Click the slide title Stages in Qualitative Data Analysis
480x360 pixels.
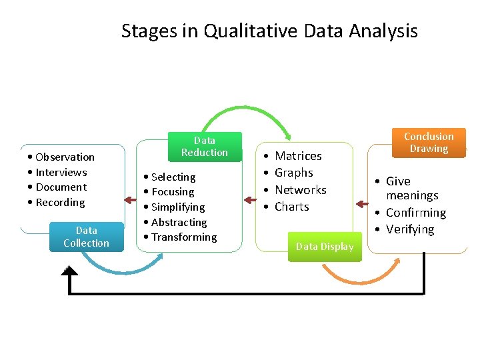click(x=269, y=31)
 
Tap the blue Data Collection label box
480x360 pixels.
click(x=86, y=237)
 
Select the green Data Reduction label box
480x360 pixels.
click(x=204, y=147)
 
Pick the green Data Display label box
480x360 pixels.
click(x=325, y=247)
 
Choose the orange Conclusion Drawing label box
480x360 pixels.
click(x=429, y=143)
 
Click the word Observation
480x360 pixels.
click(x=65, y=157)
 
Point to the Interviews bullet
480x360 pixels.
click(x=61, y=172)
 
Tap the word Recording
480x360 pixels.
click(x=60, y=203)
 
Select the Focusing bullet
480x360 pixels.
click(x=173, y=192)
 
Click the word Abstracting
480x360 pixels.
click(x=179, y=222)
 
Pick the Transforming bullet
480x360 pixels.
click(x=183, y=237)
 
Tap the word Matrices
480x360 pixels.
click(x=298, y=156)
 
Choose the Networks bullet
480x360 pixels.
click(x=300, y=190)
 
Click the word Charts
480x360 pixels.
click(x=291, y=207)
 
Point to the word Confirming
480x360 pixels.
click(x=415, y=213)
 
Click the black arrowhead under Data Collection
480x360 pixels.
click(x=69, y=271)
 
